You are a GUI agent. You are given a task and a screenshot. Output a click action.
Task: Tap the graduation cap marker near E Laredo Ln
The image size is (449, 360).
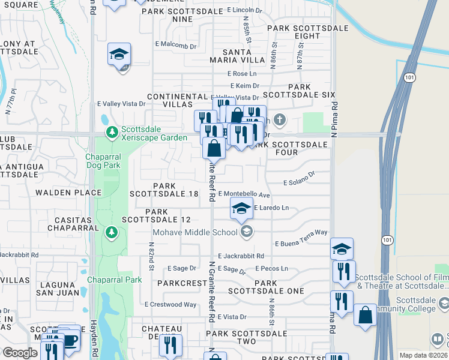click(241, 208)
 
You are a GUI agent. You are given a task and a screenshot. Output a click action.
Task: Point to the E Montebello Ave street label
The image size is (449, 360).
click(244, 194)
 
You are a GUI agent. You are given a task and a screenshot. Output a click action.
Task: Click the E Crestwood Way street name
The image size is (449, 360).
click(170, 304)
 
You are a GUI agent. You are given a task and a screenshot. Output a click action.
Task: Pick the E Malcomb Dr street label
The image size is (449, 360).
click(175, 45)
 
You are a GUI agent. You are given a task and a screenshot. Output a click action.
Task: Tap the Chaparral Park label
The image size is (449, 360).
click(114, 280)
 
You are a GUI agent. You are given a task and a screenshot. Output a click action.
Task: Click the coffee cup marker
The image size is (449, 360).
click(70, 339)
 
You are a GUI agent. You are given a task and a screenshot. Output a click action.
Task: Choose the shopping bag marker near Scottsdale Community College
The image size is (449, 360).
click(365, 315)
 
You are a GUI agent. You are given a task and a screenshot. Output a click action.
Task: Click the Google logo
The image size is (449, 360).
click(20, 352)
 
